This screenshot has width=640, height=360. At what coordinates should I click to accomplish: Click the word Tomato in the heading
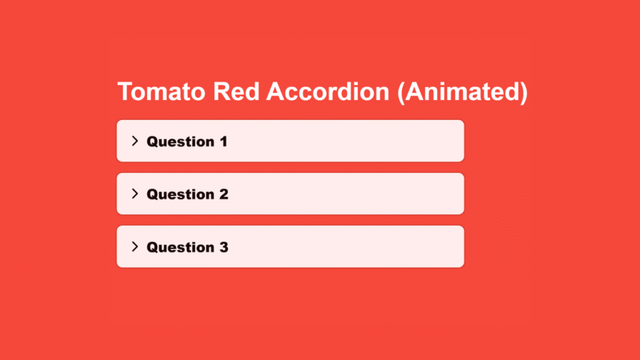click(x=162, y=92)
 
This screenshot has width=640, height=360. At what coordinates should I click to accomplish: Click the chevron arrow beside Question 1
click(x=134, y=141)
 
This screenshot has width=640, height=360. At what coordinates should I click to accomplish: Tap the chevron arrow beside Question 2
click(x=134, y=194)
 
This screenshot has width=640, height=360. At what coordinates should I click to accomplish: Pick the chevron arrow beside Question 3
click(x=134, y=246)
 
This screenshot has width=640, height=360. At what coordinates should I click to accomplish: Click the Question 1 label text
click(x=187, y=141)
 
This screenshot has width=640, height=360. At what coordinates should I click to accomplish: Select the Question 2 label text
click(x=187, y=194)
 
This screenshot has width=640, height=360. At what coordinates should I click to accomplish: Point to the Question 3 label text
click(x=187, y=247)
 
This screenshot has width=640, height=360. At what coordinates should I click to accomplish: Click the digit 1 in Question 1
click(x=223, y=141)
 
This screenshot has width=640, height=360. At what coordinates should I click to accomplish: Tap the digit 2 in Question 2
click(x=223, y=194)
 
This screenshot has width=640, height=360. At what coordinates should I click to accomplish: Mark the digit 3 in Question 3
click(x=223, y=247)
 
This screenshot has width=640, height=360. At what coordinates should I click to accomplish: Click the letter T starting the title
click(x=125, y=92)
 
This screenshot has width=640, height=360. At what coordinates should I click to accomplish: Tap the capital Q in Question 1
click(x=152, y=141)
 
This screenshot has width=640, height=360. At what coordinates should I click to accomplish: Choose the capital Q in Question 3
click(x=152, y=247)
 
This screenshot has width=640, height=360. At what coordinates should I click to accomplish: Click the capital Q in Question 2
click(x=152, y=194)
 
